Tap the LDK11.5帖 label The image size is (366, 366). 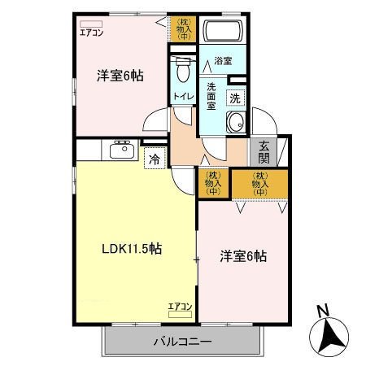[x=131, y=249]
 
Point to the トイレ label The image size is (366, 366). [x=181, y=98]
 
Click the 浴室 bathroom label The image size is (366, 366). [x=223, y=62]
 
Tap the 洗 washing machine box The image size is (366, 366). [x=235, y=98]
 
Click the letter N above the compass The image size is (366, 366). [x=323, y=309]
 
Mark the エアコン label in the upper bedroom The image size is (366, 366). [x=90, y=33]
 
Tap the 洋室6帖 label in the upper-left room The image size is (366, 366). [x=120, y=76]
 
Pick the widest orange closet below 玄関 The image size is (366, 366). [x=259, y=184]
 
